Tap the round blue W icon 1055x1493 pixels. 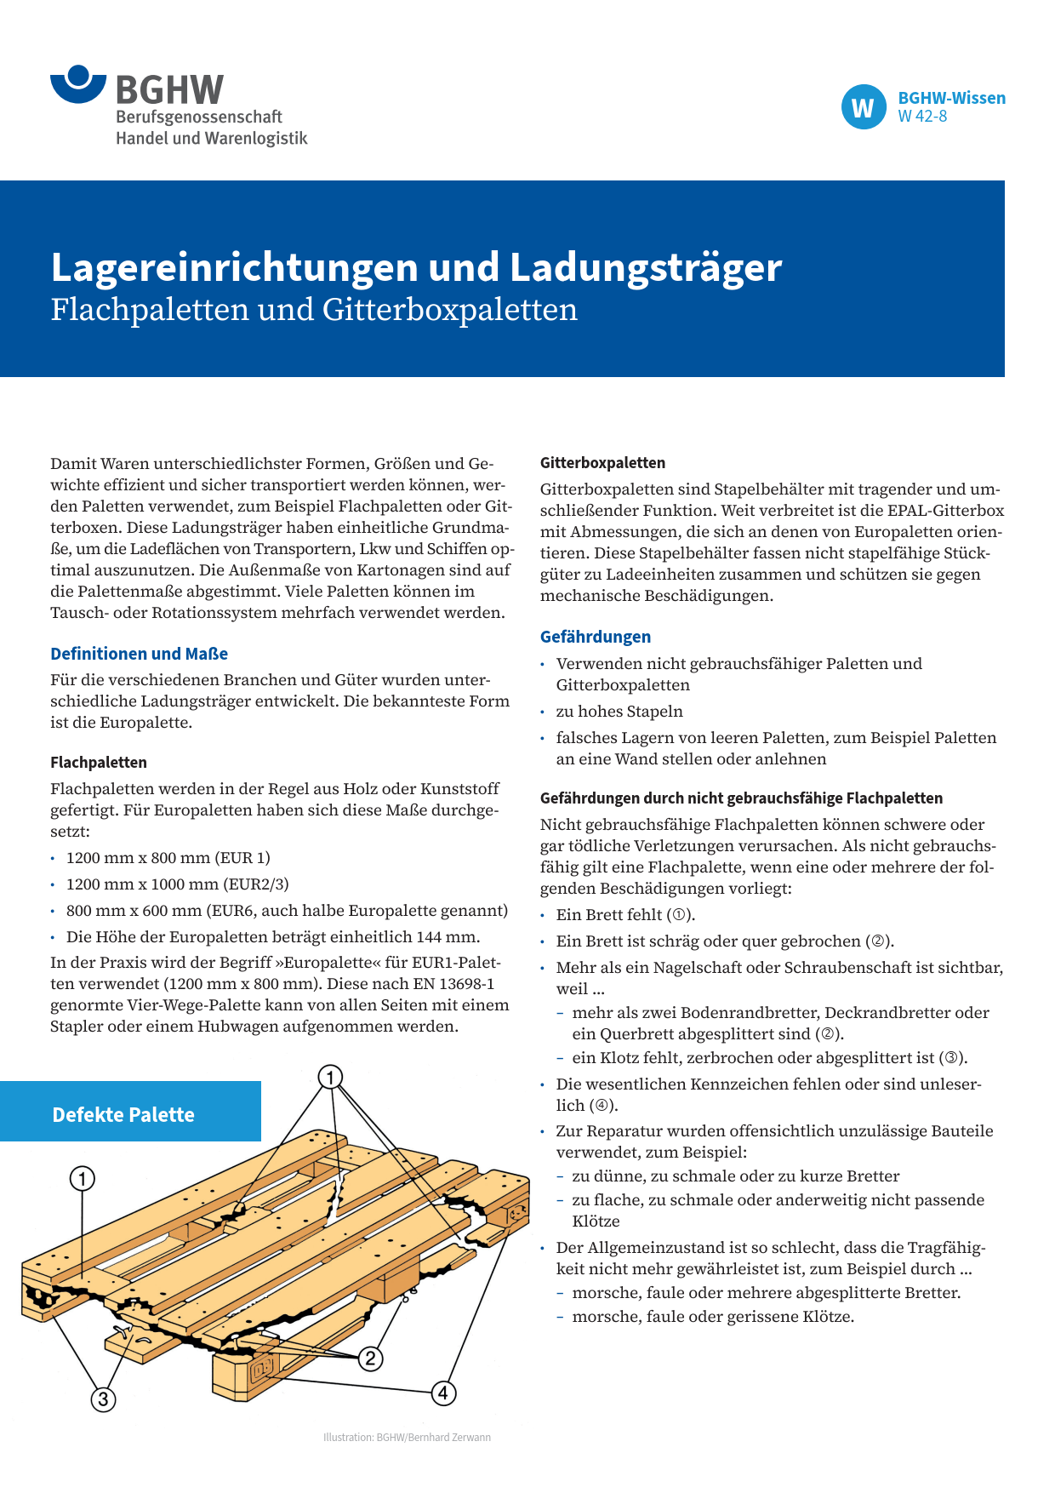[864, 107]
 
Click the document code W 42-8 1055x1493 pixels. [922, 117]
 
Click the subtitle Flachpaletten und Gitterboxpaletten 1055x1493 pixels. [314, 310]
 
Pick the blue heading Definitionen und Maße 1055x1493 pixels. [139, 654]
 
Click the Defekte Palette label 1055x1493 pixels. [123, 1115]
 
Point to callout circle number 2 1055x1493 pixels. [370, 1359]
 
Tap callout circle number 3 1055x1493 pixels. [103, 1399]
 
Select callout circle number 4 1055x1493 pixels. [443, 1393]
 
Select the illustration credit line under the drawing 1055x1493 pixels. [407, 1438]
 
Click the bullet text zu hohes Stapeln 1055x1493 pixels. [619, 712]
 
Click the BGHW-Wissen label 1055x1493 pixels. [951, 98]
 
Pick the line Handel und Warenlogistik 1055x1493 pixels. [211, 138]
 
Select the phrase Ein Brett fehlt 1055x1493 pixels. [609, 915]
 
